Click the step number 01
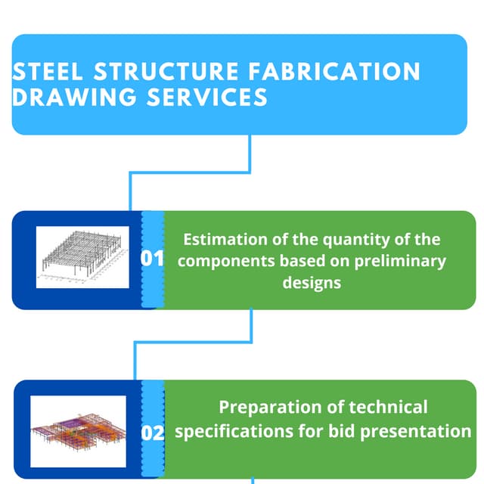pyautogui.click(x=152, y=259)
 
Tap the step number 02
pyautogui.click(x=153, y=433)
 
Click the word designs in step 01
pyautogui.click(x=312, y=282)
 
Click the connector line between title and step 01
pyautogui.click(x=250, y=154)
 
